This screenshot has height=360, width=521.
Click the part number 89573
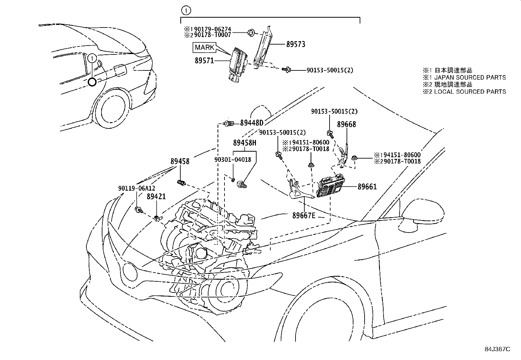[x=296, y=44]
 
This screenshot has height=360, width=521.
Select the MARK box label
[x=205, y=47]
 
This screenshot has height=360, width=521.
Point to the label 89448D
[x=251, y=123]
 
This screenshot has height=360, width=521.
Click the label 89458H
[x=244, y=143]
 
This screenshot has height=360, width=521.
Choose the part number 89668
[x=347, y=124]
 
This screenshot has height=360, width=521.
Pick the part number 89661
[x=367, y=187]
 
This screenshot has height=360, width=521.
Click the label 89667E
[x=304, y=216]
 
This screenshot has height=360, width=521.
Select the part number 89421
[x=156, y=197]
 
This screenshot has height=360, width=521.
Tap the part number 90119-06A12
[x=136, y=188]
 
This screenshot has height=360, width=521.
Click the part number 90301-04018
[x=233, y=160]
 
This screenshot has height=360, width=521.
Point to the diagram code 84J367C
[x=497, y=349]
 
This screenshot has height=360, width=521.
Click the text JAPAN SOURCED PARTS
[x=470, y=78]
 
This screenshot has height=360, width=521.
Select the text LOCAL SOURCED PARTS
[x=470, y=92]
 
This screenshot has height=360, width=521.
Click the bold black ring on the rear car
[x=92, y=82]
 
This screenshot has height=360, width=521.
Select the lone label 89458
[x=180, y=161]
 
